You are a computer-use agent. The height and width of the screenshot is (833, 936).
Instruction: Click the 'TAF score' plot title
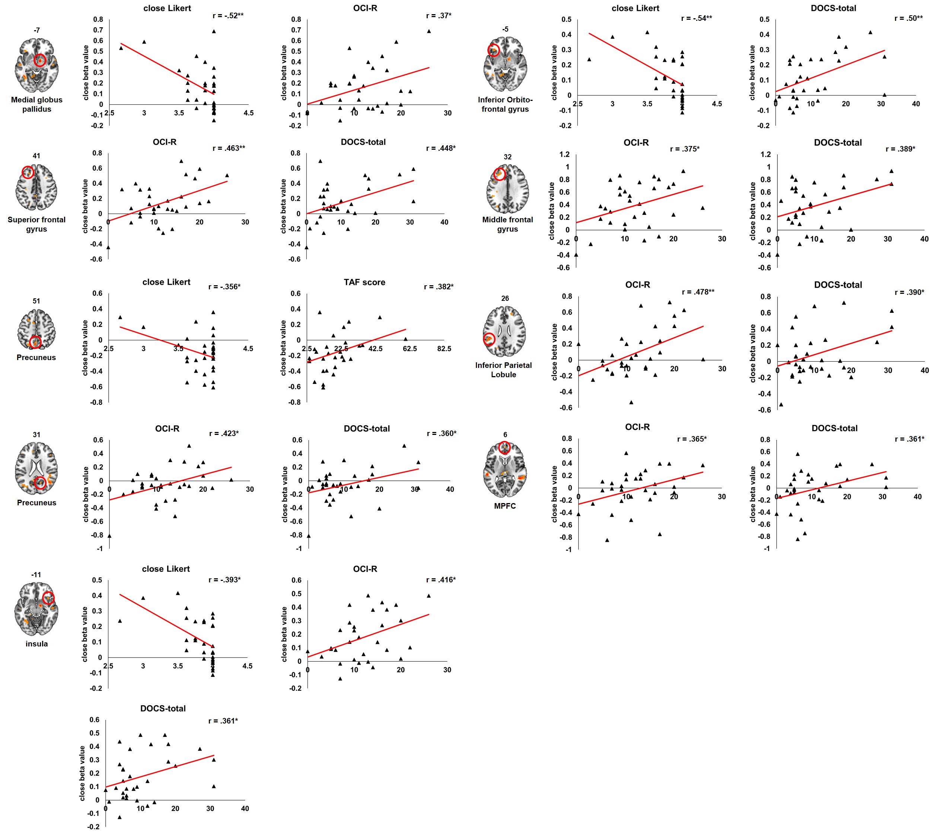(x=364, y=283)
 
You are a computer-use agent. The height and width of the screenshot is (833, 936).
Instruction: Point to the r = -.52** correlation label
(x=228, y=16)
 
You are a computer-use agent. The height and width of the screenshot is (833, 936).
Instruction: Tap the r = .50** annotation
(x=908, y=18)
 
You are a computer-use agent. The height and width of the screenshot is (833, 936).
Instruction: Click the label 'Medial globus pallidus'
(x=36, y=104)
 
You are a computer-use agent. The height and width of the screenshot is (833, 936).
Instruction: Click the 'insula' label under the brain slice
(x=36, y=644)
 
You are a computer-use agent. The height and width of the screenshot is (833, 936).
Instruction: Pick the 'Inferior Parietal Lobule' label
(x=503, y=369)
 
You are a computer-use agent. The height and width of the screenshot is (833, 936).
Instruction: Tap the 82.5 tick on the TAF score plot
(x=444, y=349)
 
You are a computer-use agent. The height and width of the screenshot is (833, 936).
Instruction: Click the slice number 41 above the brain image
(x=36, y=156)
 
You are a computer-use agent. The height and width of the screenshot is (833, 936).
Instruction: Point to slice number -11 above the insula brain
(x=36, y=575)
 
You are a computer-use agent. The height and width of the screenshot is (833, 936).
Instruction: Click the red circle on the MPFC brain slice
(x=504, y=448)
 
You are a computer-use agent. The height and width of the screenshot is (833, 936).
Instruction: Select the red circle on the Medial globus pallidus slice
(x=40, y=60)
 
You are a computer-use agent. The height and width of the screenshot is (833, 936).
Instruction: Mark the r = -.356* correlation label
(x=225, y=287)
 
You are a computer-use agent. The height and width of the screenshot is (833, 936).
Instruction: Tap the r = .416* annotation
(x=440, y=580)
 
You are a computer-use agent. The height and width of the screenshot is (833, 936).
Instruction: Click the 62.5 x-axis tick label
(x=410, y=349)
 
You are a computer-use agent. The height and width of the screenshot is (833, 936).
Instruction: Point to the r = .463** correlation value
(x=229, y=148)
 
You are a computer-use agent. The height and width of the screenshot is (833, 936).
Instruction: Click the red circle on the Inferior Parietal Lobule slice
(x=489, y=339)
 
